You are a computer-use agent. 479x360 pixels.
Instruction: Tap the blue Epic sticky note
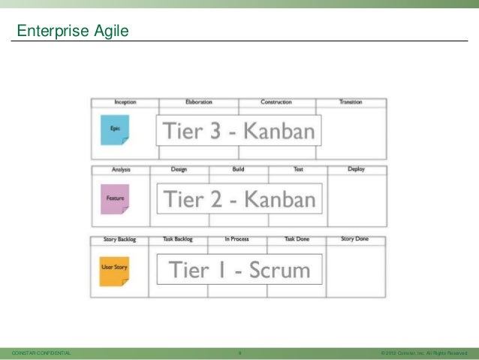pos(115,129)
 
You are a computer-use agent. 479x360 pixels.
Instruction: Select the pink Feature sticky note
pos(115,198)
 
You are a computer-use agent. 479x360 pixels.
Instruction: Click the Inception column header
pos(125,101)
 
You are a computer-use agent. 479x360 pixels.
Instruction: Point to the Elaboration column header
pos(199,101)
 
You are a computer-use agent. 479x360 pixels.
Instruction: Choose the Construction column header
pos(276,101)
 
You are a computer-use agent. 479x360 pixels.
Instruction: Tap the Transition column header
pos(351,101)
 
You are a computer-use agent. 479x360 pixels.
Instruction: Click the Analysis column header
pos(121,169)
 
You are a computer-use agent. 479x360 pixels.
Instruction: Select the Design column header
pos(179,169)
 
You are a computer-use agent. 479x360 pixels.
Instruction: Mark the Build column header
pos(238,169)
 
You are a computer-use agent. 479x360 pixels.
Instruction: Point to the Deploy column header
pos(357,169)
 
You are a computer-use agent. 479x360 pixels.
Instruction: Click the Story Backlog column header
pos(119,240)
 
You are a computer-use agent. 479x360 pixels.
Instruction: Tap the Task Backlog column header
pos(178,240)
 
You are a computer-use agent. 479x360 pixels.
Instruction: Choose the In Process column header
pos(237,240)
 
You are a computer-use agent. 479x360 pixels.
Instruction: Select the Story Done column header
pos(355,240)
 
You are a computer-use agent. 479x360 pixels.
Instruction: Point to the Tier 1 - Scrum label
pos(238,269)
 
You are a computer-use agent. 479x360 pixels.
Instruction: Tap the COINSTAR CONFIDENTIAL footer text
pos(38,352)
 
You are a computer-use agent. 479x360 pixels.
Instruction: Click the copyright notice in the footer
pos(424,352)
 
